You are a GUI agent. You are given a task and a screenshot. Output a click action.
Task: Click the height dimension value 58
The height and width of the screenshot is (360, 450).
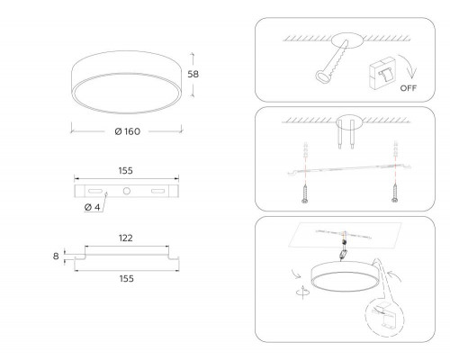[x=193, y=74]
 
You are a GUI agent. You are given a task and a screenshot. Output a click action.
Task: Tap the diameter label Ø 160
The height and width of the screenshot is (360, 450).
[x=128, y=131]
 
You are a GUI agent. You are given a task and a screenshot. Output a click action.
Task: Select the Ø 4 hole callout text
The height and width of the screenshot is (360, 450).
[x=92, y=207]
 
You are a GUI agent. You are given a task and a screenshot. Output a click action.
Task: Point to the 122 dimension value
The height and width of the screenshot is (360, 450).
[x=126, y=238]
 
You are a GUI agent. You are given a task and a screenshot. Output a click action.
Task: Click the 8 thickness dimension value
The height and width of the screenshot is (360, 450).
[x=56, y=256]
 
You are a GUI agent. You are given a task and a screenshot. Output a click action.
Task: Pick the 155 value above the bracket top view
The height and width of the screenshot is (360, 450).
[x=126, y=171]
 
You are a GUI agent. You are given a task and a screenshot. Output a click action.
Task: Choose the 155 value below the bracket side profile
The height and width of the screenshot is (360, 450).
[x=127, y=279]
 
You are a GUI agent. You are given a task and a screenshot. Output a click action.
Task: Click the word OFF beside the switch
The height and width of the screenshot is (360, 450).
[x=409, y=88]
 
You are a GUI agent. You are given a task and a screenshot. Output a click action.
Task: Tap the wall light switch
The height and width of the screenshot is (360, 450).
[x=382, y=73]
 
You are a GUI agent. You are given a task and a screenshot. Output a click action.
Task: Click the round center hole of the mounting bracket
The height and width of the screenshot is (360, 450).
[x=127, y=191]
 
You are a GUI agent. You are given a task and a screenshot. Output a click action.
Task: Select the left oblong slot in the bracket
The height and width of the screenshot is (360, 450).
[x=94, y=191]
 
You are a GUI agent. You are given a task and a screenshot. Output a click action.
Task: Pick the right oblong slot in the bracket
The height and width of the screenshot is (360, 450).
[x=157, y=191]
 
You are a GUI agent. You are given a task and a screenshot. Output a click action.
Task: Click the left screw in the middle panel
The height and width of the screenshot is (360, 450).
[x=305, y=193]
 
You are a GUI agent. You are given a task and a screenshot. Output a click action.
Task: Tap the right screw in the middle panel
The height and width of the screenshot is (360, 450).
[x=395, y=193]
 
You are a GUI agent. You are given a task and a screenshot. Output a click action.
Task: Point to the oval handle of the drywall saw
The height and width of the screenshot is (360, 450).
[x=322, y=76]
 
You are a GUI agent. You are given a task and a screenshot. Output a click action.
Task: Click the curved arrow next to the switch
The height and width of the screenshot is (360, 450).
[x=409, y=67]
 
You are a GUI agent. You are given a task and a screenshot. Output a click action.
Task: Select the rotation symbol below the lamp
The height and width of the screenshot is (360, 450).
[x=303, y=292]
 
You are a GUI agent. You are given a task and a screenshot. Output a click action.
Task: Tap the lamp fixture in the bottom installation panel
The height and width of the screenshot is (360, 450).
[x=346, y=276]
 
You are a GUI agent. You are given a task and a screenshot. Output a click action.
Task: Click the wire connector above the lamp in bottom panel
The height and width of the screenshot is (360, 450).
[x=343, y=255]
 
